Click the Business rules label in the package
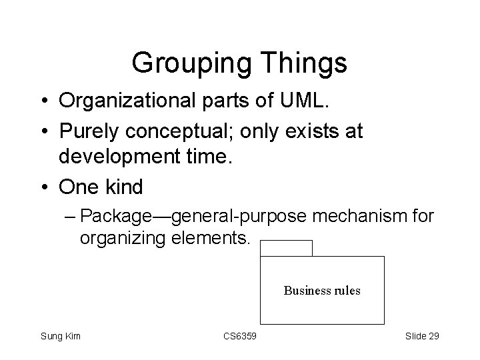322,291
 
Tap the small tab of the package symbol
286,249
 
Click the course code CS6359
240,336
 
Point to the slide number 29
433,336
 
